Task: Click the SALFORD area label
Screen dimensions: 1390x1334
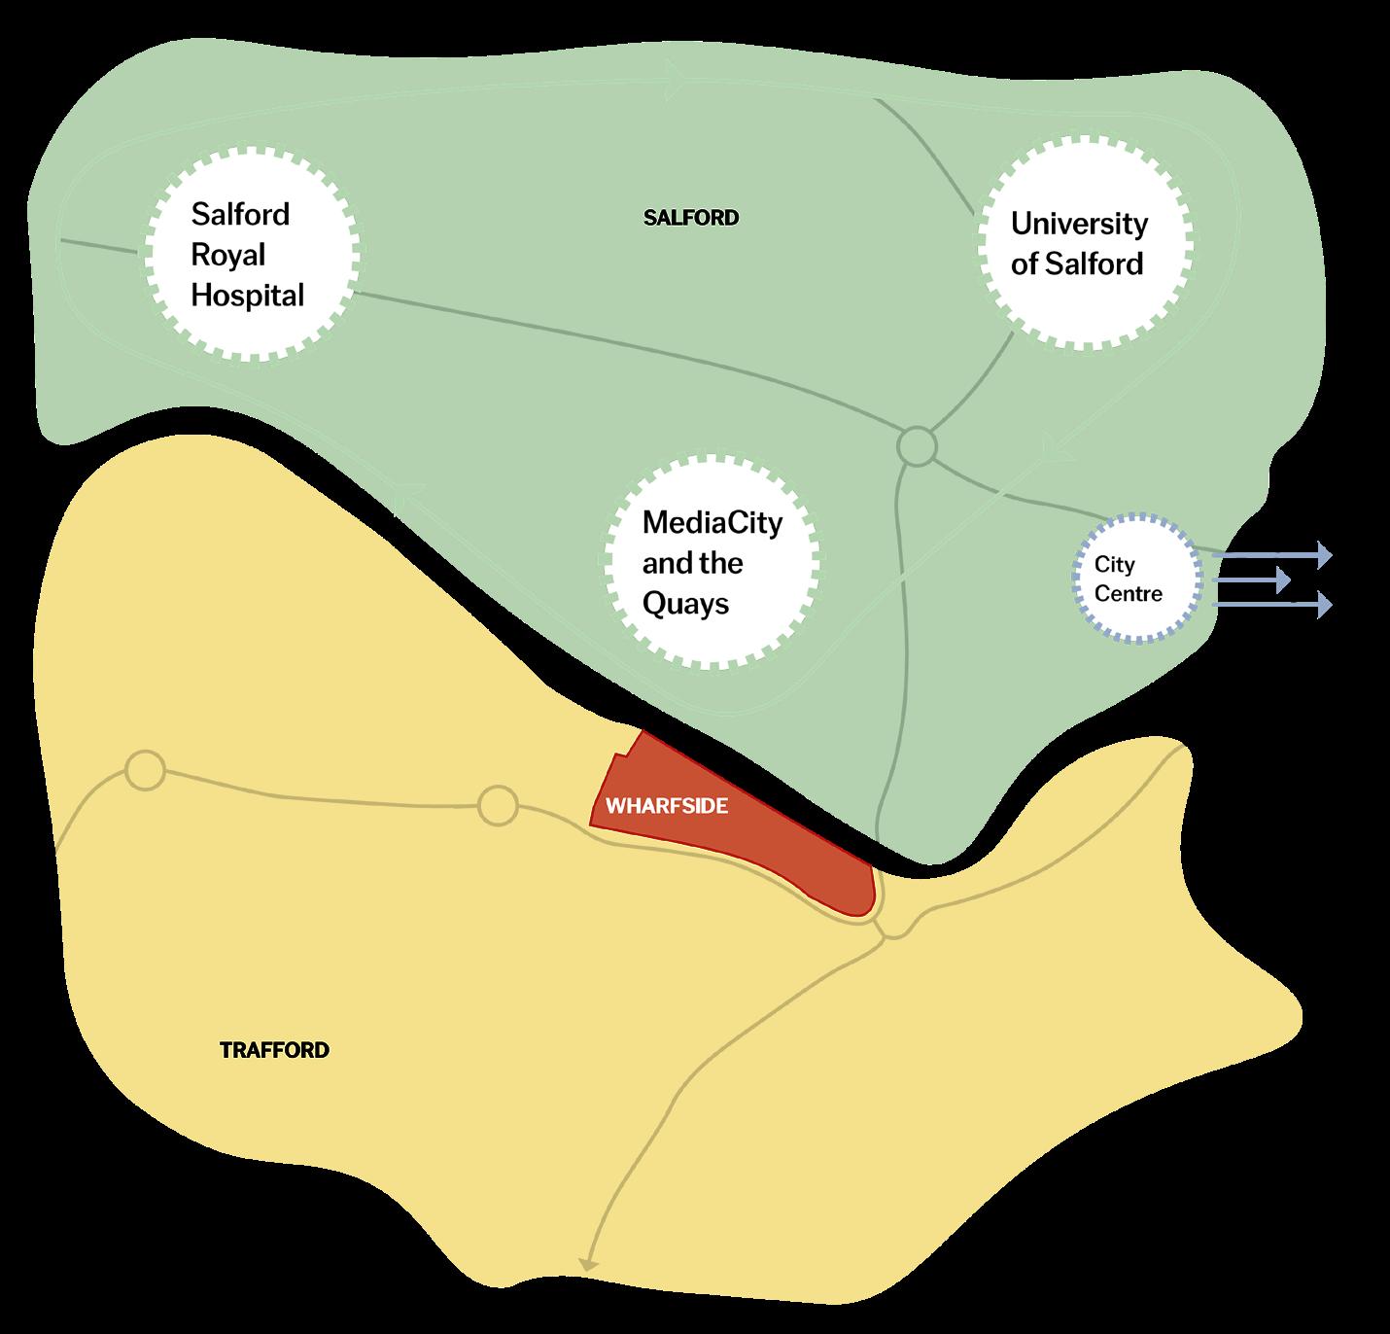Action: pos(691,218)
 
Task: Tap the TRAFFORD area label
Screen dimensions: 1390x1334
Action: pos(274,1050)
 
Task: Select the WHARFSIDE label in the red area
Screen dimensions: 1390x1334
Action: pos(667,806)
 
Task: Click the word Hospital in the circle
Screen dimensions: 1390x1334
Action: pos(247,295)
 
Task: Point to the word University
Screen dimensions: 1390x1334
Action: pos(1079,224)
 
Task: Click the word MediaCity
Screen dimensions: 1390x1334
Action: pos(712,522)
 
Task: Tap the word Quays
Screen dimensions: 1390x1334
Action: pos(685,604)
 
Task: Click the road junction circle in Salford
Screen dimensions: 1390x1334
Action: pos(917,447)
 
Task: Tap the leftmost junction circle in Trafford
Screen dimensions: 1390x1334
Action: pos(146,771)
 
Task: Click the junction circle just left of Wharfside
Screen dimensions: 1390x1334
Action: pos(498,806)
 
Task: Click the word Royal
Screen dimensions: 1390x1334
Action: pos(227,255)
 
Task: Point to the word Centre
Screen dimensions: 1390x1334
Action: pos(1128,593)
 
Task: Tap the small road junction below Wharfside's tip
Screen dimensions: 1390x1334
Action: pos(892,929)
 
